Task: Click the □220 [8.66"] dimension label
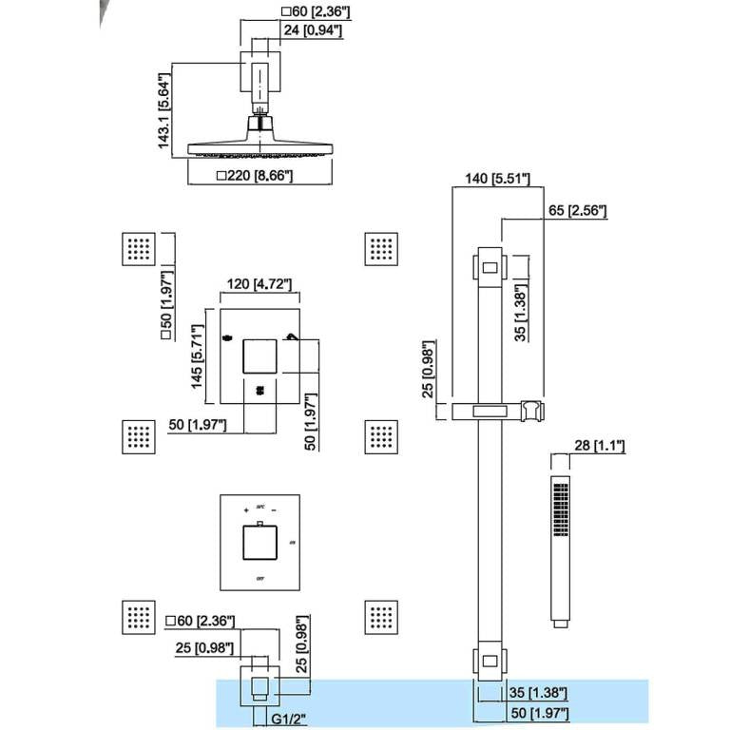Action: click(255, 175)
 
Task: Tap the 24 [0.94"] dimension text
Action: click(312, 31)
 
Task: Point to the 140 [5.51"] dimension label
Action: click(492, 178)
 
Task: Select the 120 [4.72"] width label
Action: click(257, 284)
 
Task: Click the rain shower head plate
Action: click(259, 149)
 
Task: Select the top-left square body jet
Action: click(139, 249)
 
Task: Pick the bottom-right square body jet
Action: click(382, 617)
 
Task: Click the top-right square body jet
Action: click(382, 249)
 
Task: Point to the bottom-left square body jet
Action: click(139, 617)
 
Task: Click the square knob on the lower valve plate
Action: click(259, 545)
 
